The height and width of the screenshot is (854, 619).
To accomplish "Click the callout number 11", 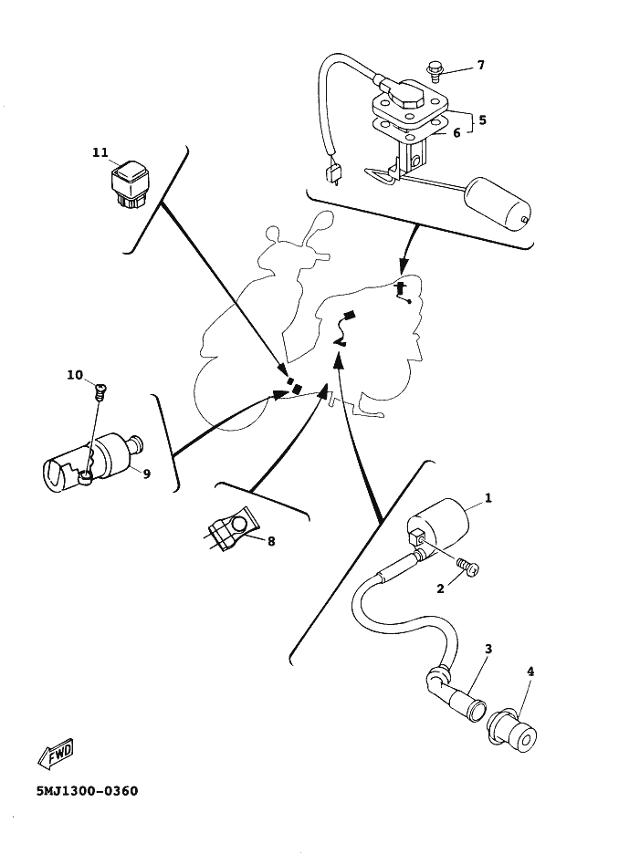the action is pos(100,152).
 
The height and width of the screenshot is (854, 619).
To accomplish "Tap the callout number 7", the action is pos(480,66).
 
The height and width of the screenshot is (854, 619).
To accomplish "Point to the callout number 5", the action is pos(482,120).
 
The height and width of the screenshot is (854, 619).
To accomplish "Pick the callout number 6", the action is pos(456,132).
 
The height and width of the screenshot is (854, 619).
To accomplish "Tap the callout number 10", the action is pos(75,375).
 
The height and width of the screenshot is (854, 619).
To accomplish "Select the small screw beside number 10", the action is pos(100,390).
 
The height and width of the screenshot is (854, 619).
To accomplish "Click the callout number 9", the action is pos(147,474).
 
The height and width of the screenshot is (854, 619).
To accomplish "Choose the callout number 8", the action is pos(271,541).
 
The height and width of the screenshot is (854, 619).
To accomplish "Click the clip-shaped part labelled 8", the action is pos(233,532).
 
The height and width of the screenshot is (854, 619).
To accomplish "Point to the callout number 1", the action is pos(488,498).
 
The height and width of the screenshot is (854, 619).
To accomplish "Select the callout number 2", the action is pos(440,588).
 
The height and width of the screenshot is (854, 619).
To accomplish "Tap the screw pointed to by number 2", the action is pos(468,567).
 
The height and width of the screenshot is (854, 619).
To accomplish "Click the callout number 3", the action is pos(488,649).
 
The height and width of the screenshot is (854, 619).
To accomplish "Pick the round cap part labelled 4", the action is pos(514,733).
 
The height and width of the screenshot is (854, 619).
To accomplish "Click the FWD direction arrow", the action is pos(55,755).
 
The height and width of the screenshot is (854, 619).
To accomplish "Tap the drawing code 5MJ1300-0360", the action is pos(87,790).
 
